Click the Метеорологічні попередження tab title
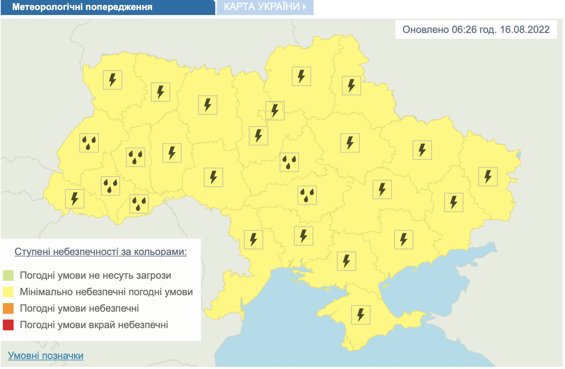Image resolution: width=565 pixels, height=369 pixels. (x=82, y=7)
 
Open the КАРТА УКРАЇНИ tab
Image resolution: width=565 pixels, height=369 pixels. (x=265, y=7)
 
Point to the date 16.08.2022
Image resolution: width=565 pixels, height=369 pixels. (x=525, y=29)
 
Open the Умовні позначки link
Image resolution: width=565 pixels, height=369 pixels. (x=45, y=356)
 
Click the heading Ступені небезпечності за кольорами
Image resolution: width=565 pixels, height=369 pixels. (x=100, y=252)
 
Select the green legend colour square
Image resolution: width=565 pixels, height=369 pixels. (x=8, y=275)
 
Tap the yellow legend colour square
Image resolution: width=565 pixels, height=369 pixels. (x=8, y=292)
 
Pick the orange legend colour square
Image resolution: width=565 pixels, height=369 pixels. (x=8, y=308)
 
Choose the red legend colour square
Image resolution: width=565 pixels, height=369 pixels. (x=8, y=325)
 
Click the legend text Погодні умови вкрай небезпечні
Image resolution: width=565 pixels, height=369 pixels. (x=94, y=325)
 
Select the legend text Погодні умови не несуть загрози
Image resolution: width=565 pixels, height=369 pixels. (x=95, y=275)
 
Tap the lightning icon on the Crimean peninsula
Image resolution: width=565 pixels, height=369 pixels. (x=361, y=315)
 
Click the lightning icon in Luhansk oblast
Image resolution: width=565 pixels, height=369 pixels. (x=488, y=177)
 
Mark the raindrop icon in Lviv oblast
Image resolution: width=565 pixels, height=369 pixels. (x=89, y=143)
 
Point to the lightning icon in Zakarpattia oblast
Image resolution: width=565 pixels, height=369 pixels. (x=75, y=199)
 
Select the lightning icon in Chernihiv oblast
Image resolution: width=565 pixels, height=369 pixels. (x=301, y=76)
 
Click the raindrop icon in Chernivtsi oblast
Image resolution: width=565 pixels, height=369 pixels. (x=139, y=204)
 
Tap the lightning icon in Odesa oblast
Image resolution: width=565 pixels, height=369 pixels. (x=254, y=240)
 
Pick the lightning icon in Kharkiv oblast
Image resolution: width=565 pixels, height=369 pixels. (x=422, y=150)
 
